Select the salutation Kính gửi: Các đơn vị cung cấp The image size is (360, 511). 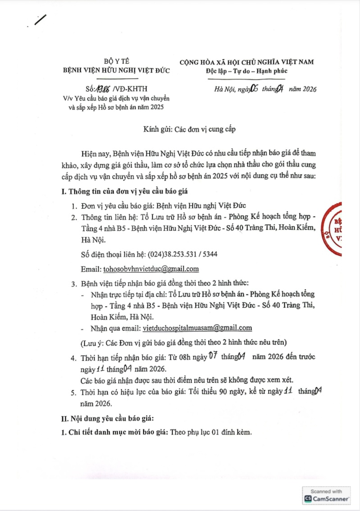pos(180,129)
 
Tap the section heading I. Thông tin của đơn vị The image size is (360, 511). pos(124,191)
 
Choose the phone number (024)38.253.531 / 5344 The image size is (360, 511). pos(183,254)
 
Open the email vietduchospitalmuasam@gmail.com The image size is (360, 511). pos(197,327)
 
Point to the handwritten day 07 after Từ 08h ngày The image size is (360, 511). pos(212,357)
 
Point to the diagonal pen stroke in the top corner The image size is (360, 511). pos(41,19)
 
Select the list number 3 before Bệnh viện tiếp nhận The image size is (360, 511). pos(73,284)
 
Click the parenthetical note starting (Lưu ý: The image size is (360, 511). pos(182,342)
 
